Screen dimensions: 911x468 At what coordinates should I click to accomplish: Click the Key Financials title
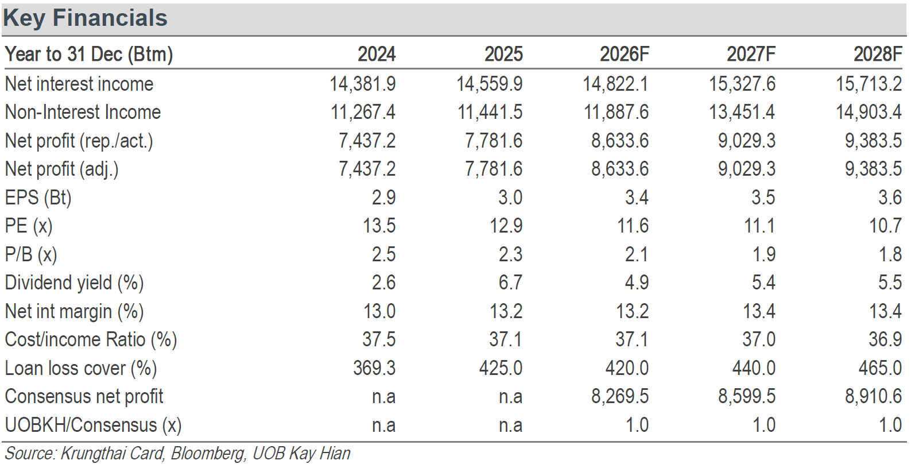point(86,19)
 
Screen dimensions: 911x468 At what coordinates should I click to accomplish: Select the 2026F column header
point(625,54)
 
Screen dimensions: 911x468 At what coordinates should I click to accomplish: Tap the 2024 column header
point(377,54)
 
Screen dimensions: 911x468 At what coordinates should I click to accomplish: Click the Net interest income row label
point(79,84)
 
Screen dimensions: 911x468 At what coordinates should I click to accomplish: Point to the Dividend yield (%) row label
point(75,283)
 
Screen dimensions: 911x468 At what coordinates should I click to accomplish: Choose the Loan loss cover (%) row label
point(81,368)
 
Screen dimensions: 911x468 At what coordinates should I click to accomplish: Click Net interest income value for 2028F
point(869,84)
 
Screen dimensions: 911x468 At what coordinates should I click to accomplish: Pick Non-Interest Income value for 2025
point(490,113)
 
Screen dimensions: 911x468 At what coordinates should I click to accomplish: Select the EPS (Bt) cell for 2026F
point(637,198)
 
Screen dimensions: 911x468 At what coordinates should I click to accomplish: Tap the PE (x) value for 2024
point(379,226)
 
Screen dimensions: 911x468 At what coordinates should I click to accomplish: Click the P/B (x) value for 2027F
point(763,254)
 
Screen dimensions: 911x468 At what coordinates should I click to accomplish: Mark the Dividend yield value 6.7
point(511,283)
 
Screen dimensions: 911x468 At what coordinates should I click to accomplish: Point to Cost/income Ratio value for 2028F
point(885,339)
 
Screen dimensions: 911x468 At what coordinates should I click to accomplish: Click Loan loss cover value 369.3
point(374,368)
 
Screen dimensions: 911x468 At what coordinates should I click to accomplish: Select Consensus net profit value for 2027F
point(747,396)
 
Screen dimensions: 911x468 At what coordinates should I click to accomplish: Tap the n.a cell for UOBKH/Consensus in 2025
point(511,426)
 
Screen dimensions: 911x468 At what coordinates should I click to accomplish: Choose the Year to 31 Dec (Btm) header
point(88,55)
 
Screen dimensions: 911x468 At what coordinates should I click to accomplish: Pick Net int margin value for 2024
point(379,311)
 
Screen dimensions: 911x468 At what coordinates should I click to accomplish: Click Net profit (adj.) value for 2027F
point(747,169)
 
